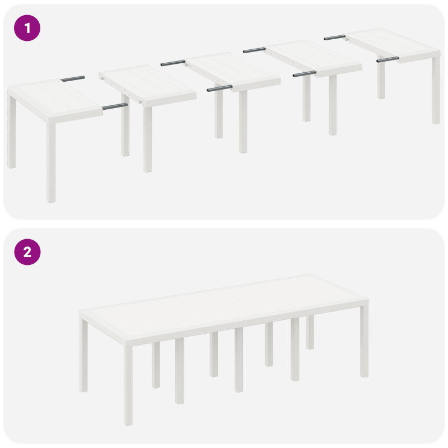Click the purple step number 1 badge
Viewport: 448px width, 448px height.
[x=27, y=27]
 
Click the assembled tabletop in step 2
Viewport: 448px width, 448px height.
[x=224, y=305]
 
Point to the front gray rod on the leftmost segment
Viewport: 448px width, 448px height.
[x=115, y=105]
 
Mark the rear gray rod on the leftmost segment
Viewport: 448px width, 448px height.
[x=73, y=78]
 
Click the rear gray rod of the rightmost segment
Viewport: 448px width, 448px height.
[x=334, y=38]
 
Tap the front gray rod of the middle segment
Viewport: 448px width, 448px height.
[x=219, y=88]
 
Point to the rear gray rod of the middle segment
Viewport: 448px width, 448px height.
[x=172, y=63]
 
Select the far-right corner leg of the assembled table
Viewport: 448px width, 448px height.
[x=365, y=342]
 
